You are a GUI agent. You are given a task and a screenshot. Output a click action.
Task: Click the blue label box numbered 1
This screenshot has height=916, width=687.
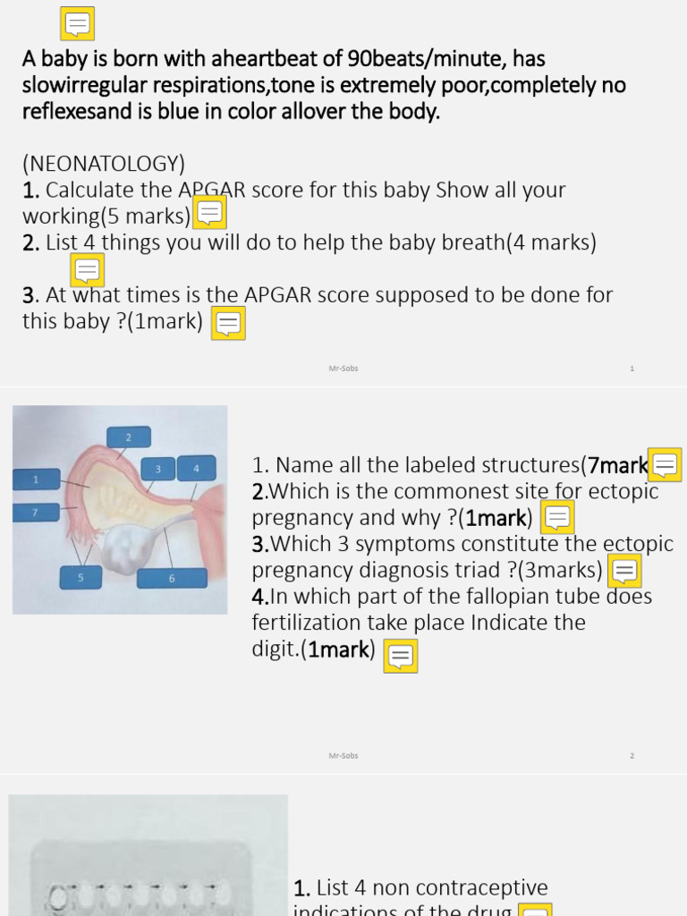coord(36,480)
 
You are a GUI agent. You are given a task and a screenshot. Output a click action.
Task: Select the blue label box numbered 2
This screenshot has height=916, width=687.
coord(128,437)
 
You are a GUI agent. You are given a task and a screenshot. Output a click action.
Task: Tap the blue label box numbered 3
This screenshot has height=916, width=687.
coord(158,468)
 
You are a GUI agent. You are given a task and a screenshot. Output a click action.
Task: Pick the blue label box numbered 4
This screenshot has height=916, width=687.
coord(196,468)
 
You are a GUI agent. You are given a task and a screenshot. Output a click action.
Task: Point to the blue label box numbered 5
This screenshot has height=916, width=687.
coord(81,578)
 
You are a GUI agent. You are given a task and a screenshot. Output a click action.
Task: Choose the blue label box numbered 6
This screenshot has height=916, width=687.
coord(172,578)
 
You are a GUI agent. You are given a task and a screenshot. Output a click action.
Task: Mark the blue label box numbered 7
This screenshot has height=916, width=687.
coord(36,513)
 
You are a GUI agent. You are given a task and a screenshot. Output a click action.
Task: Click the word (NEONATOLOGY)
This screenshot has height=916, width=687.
coord(104,164)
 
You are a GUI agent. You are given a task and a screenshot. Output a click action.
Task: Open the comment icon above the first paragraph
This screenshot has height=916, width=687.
coord(78,24)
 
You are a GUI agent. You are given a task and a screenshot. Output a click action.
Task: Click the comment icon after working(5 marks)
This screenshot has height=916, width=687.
coord(210,213)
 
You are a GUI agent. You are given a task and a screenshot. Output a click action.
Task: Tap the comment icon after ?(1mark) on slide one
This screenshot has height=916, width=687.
coord(228,323)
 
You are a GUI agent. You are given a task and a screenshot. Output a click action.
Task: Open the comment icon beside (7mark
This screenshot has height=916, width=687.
coord(665,464)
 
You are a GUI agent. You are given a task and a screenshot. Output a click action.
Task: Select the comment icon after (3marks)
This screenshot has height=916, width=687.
coord(624,570)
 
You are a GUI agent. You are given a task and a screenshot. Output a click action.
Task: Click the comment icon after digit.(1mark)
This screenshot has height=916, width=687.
coord(401,656)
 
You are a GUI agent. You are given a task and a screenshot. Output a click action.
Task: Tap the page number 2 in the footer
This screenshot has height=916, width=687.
coord(632,756)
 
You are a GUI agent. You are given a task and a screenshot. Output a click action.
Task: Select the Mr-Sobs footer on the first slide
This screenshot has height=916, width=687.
coord(343,369)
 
